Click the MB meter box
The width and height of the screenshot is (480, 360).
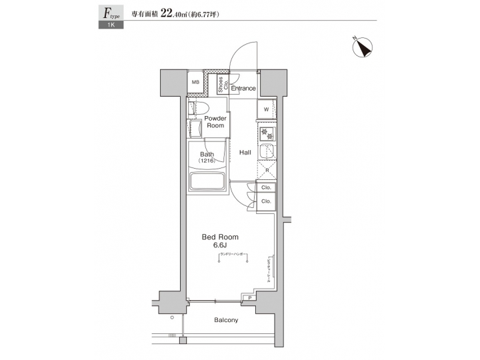[195, 83]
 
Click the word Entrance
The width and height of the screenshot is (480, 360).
[243, 88]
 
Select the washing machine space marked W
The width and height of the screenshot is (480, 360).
[266, 109]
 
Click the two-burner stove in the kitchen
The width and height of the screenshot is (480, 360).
[266, 133]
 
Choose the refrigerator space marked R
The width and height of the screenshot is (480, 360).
[266, 171]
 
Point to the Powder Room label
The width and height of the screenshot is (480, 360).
[215, 121]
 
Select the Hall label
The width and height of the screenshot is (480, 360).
[245, 153]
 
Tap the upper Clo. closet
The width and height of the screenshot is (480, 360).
[265, 189]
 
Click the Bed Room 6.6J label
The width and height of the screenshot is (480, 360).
[220, 241]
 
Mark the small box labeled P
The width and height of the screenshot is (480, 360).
[249, 297]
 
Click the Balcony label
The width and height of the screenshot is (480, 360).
[226, 320]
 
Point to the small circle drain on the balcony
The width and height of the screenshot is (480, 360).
[172, 318]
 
